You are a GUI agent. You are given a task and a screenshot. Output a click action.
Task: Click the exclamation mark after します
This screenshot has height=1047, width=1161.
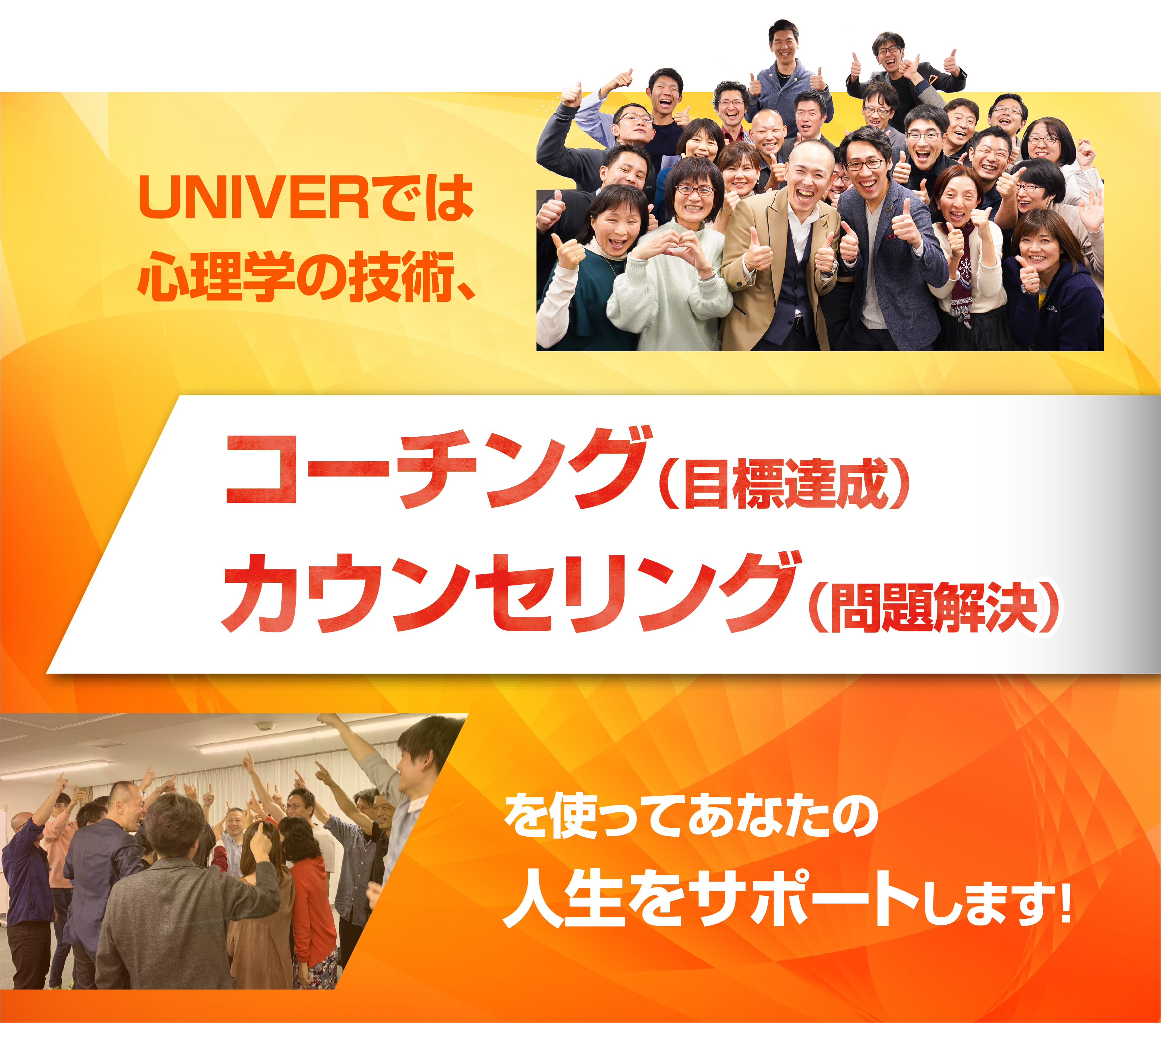(1063, 903)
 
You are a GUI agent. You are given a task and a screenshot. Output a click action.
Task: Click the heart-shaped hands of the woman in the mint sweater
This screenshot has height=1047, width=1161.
(669, 250)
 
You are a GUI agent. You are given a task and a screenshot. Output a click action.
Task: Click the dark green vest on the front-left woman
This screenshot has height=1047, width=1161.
(581, 299)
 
